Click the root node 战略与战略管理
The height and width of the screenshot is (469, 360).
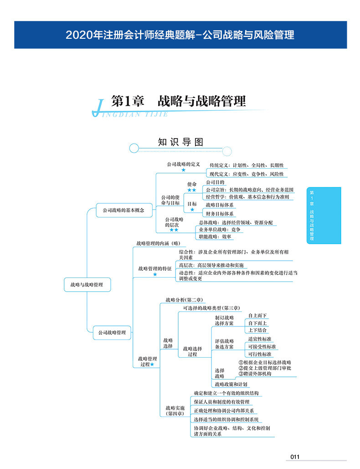[x=87, y=284]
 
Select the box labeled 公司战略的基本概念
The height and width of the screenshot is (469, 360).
[x=124, y=210]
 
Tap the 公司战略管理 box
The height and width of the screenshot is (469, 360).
[x=112, y=333]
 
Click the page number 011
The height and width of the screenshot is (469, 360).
[x=295, y=457]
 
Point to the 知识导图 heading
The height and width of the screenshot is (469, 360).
[x=180, y=142]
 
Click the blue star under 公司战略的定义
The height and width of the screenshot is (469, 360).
[x=184, y=170]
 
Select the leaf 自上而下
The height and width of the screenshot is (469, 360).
[x=257, y=315]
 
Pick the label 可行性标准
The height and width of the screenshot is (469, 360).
[x=260, y=354]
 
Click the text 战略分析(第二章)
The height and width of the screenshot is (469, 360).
[x=184, y=300]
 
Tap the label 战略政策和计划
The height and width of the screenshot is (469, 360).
[x=231, y=384]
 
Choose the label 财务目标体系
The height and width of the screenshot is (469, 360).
[x=220, y=214]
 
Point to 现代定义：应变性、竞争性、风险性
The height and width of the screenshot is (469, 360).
[x=247, y=174]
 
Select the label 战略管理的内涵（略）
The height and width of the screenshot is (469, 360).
[x=159, y=243]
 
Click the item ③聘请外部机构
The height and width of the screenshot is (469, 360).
[x=255, y=374]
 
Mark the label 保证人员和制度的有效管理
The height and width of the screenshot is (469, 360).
[x=221, y=402]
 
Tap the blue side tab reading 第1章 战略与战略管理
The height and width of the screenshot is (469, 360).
[x=324, y=215]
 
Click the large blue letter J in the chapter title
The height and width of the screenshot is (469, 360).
[x=98, y=108]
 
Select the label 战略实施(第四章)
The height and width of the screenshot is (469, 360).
[x=175, y=411]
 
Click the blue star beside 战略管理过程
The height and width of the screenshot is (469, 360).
[x=152, y=364]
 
